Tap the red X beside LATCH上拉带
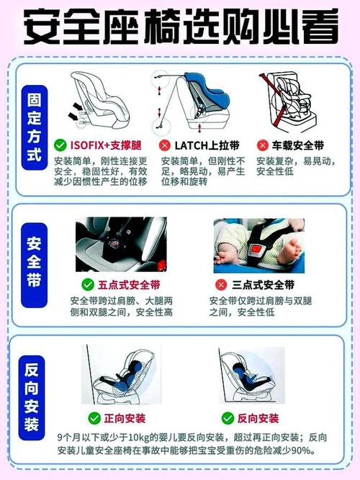164,145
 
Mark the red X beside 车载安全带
263,145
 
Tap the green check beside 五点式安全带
88,284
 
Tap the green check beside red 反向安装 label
228,418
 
